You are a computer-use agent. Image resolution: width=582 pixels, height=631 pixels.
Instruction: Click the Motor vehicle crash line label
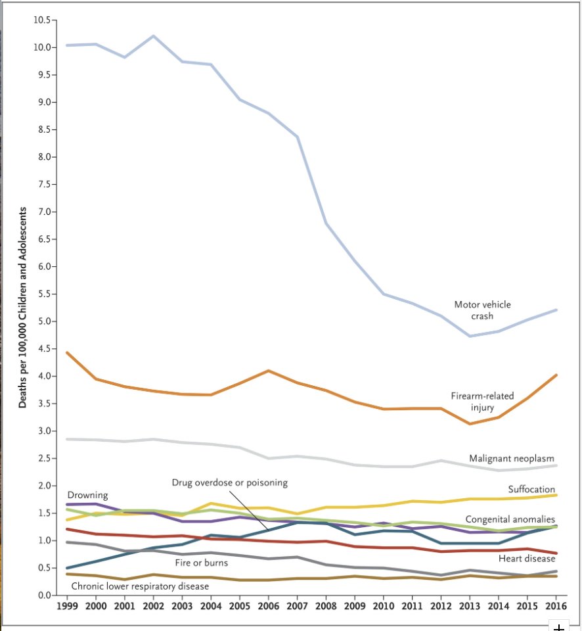(x=482, y=310)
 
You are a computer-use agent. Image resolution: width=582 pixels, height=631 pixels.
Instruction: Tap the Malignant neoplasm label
(x=512, y=458)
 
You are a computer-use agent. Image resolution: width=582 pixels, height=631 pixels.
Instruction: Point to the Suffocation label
(x=531, y=489)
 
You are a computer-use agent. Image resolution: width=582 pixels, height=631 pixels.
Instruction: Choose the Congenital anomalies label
(x=510, y=519)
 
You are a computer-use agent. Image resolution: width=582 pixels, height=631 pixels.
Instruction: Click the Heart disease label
(x=527, y=559)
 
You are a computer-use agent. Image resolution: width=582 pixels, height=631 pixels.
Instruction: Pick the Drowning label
(x=87, y=495)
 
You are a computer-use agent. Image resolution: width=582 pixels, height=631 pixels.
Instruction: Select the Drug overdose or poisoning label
(x=230, y=482)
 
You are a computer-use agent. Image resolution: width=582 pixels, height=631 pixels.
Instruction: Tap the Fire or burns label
(x=201, y=563)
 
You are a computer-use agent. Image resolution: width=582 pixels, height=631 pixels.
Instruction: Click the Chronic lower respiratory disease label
(x=140, y=585)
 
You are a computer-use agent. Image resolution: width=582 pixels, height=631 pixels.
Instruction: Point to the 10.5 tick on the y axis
(x=41, y=20)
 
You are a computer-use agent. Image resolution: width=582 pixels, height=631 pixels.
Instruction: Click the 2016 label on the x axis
(x=556, y=605)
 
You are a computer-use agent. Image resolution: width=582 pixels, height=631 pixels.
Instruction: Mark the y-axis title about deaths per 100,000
(x=22, y=308)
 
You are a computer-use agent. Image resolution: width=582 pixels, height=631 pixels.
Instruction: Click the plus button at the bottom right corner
(x=558, y=626)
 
